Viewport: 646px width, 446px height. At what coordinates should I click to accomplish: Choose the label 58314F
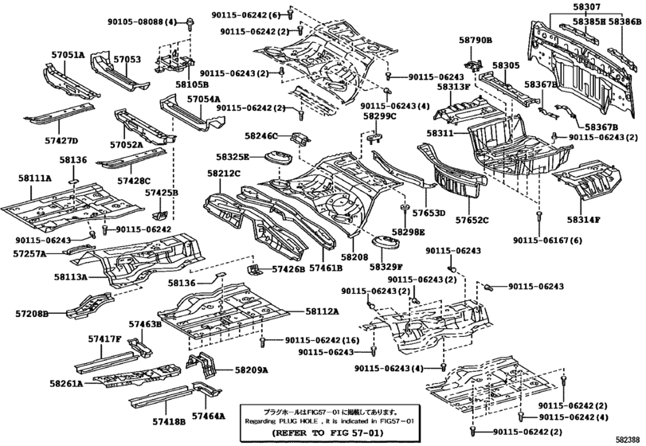[584, 219]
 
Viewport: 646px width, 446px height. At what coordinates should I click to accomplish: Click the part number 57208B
[31, 315]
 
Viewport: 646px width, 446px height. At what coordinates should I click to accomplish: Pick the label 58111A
[35, 180]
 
